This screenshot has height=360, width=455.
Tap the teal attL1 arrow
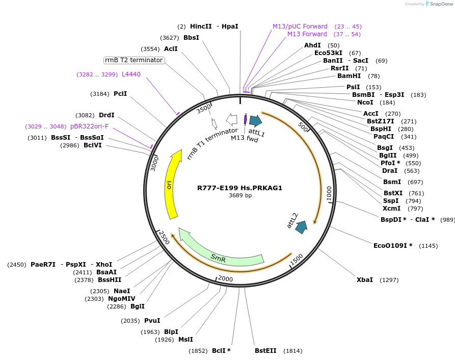[x=255, y=121]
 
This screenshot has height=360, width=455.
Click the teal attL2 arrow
[x=301, y=227]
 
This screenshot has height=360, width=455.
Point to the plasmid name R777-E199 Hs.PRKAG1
[x=239, y=188]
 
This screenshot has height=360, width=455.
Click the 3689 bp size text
[x=240, y=195]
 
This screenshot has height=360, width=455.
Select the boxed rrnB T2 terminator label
[x=134, y=60]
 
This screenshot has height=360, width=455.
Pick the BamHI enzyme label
[x=349, y=76]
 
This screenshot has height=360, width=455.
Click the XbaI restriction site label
[x=364, y=280]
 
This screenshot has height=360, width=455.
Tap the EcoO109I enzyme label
[x=393, y=246]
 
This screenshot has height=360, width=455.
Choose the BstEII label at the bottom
[x=265, y=351]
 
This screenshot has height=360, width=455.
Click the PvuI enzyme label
[x=152, y=321]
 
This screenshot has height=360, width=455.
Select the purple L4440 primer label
[x=131, y=74]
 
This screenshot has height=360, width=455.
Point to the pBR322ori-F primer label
[x=89, y=126]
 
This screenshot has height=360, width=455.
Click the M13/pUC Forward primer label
[x=300, y=27]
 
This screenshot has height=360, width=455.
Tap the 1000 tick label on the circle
[x=329, y=193]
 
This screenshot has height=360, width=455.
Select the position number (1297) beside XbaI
[x=389, y=280]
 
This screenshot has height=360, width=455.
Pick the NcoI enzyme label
[x=365, y=102]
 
